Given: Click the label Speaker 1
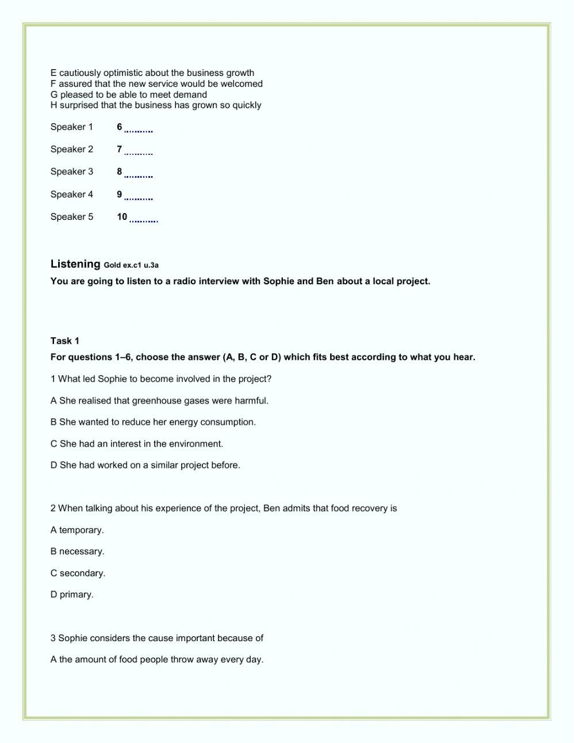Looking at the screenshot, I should (71, 127).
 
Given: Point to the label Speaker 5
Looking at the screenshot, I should (71, 217).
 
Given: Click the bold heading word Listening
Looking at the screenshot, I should (75, 264).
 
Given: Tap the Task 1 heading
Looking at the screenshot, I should (64, 341).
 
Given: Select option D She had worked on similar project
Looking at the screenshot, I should (145, 465).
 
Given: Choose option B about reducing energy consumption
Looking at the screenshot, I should (153, 422).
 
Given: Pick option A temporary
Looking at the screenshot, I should (77, 530).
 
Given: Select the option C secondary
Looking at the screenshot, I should (78, 573).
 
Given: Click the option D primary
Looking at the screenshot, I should (72, 595).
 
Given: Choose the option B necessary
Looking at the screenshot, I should (77, 551).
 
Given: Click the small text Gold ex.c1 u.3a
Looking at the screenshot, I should (131, 265).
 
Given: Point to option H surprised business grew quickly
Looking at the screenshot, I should (156, 105).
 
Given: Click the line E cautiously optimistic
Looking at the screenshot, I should (152, 73).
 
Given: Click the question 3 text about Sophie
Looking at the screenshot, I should (156, 638).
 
